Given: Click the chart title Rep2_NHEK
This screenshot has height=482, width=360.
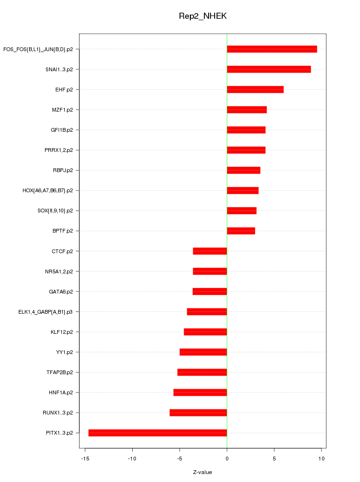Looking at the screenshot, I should pyautogui.click(x=202, y=16).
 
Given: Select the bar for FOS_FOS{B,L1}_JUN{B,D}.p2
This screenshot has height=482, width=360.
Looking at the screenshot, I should pyautogui.click(x=272, y=49).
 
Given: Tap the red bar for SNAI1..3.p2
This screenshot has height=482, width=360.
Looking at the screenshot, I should pyautogui.click(x=269, y=69).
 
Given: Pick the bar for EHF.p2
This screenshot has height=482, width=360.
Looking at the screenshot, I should pyautogui.click(x=255, y=90).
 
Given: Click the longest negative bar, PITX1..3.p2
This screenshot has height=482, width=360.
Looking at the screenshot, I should pyautogui.click(x=157, y=433).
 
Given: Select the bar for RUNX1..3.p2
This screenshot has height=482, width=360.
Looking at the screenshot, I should pyautogui.click(x=198, y=413).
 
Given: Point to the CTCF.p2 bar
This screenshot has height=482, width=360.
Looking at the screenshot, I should pyautogui.click(x=210, y=251).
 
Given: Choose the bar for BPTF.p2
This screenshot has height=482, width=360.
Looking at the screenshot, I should pyautogui.click(x=241, y=231).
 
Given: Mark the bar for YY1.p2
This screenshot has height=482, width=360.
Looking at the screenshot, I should pyautogui.click(x=203, y=352).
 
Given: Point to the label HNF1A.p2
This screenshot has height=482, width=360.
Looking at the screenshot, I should pyautogui.click(x=60, y=392).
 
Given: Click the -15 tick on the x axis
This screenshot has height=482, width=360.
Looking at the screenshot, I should pyautogui.click(x=85, y=459).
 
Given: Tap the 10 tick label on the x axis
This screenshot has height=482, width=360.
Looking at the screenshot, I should pyautogui.click(x=322, y=459).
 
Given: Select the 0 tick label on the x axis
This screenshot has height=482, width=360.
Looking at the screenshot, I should pyautogui.click(x=227, y=459).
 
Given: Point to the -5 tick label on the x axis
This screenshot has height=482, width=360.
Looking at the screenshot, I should pyautogui.click(x=180, y=459).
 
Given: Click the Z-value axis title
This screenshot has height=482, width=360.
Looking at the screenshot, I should pyautogui.click(x=202, y=472).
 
